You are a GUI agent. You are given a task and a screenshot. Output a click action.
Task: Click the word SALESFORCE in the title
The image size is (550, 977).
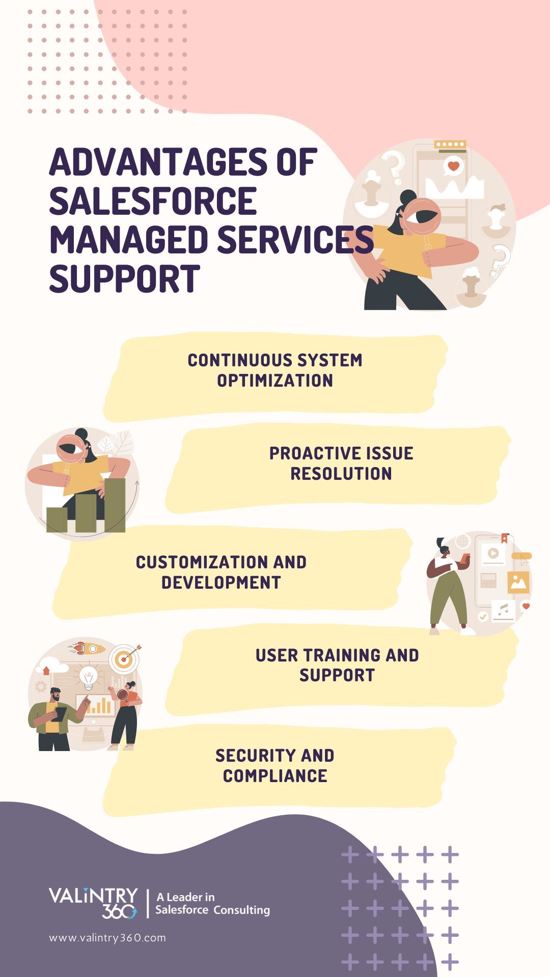pos(153,200)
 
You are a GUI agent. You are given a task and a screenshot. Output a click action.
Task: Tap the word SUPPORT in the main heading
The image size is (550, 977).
pos(124,278)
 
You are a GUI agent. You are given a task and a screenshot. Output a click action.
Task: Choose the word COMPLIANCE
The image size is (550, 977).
pos(275,776)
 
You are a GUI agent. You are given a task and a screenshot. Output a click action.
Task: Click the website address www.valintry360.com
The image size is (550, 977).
pos(107,938)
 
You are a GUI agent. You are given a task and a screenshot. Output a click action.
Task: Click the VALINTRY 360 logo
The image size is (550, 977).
pos(94,903)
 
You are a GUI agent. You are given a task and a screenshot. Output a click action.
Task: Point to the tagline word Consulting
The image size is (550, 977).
pos(241,910)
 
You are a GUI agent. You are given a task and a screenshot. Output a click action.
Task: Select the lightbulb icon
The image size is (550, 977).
pos(89,677)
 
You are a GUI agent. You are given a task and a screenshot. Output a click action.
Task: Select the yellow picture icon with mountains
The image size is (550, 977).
pos(518,582)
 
